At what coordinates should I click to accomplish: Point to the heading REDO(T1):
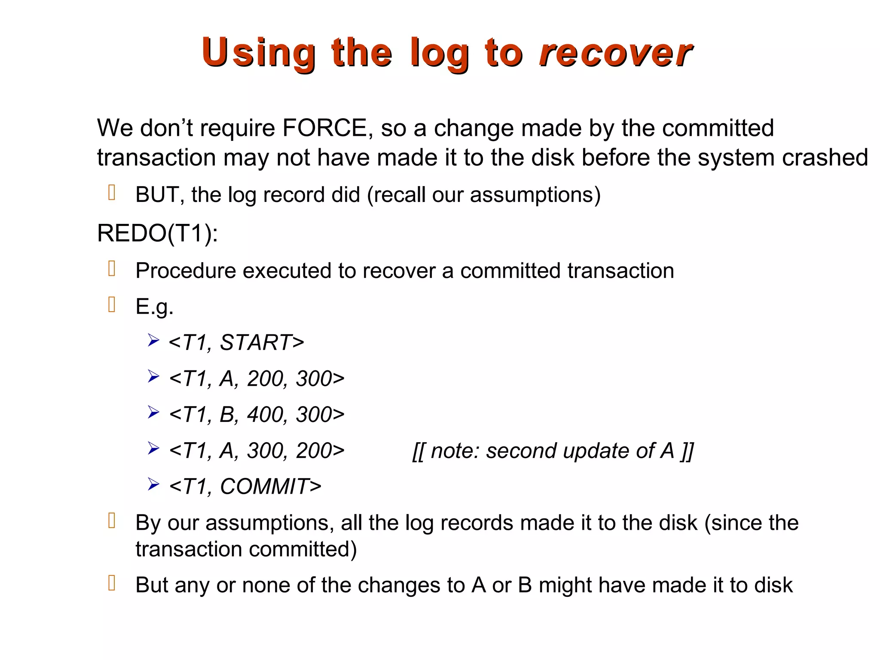(x=157, y=233)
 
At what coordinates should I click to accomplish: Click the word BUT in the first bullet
(x=157, y=195)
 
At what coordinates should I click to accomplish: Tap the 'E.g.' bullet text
(x=154, y=307)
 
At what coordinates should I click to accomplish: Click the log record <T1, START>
(x=236, y=342)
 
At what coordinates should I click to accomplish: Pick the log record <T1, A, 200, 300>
(x=257, y=379)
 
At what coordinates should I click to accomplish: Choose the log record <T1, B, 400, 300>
(x=257, y=415)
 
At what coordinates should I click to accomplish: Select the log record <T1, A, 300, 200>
(x=257, y=451)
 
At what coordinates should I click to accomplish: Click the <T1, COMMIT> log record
(x=245, y=486)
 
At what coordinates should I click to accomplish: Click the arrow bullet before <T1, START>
(x=153, y=341)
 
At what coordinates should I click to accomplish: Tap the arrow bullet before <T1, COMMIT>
(x=153, y=485)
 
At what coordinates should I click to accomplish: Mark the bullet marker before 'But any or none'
(x=112, y=583)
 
